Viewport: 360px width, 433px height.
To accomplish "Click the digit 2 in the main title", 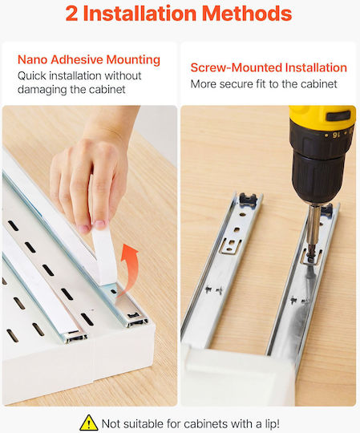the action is (72, 14).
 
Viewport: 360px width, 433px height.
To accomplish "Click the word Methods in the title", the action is (247, 14).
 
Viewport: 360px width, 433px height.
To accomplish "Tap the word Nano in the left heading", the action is (32, 59).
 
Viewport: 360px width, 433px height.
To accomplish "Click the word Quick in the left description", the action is (31, 75).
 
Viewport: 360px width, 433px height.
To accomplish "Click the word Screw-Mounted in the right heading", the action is (237, 67).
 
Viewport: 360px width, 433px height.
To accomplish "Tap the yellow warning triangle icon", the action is (89, 423).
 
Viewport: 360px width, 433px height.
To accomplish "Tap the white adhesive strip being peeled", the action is (103, 254).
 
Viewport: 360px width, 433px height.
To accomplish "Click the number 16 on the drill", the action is (336, 135).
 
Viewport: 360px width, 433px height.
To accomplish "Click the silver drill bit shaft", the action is (313, 229).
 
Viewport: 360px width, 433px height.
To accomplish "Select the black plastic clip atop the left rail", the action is (248, 200).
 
